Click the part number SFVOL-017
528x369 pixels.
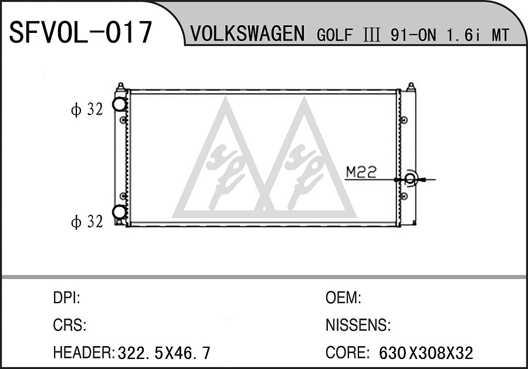tap(80, 32)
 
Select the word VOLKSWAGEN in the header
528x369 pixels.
tap(247, 33)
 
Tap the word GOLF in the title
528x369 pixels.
tap(335, 35)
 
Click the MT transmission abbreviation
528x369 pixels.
tap(500, 35)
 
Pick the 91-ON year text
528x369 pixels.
tap(413, 35)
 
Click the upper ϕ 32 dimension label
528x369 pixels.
tap(87, 109)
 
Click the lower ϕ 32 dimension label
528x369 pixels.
tap(87, 222)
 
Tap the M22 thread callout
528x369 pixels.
tap(361, 172)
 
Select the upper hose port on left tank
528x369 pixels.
tap(119, 104)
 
